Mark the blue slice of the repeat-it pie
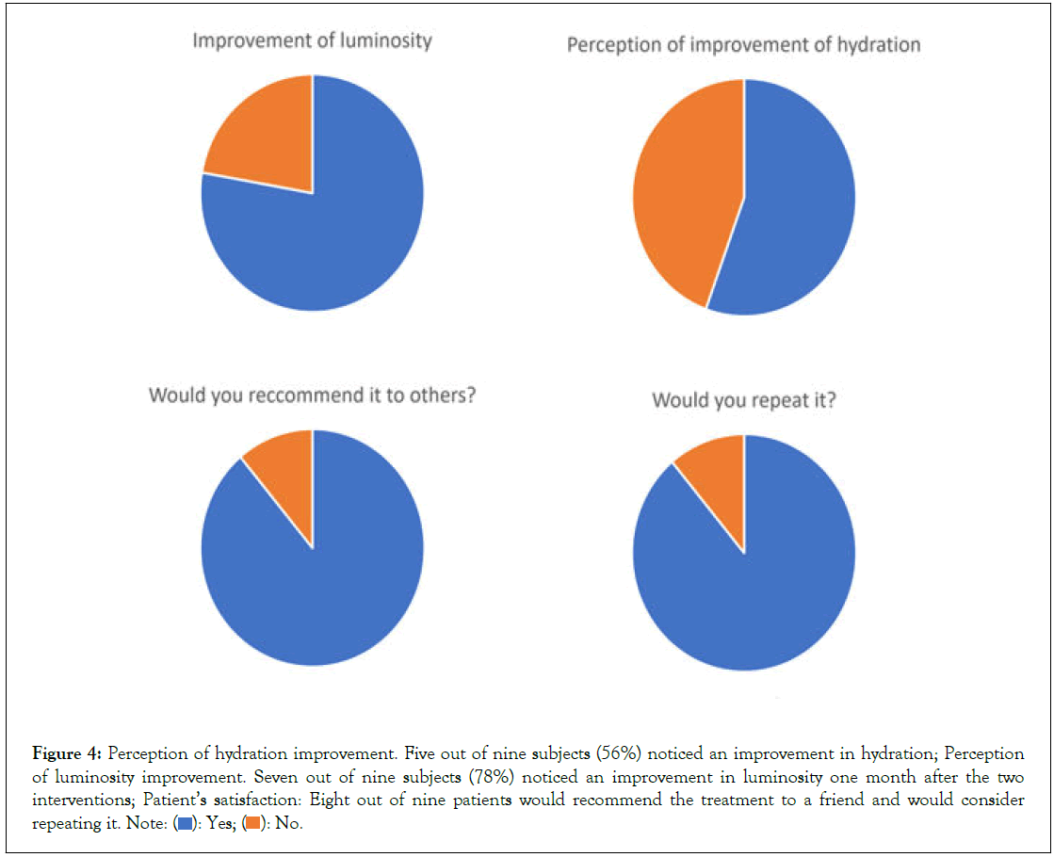point(754,584)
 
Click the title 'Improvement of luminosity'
point(312,40)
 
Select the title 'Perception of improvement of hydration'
point(743,44)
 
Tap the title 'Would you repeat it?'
point(744,400)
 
